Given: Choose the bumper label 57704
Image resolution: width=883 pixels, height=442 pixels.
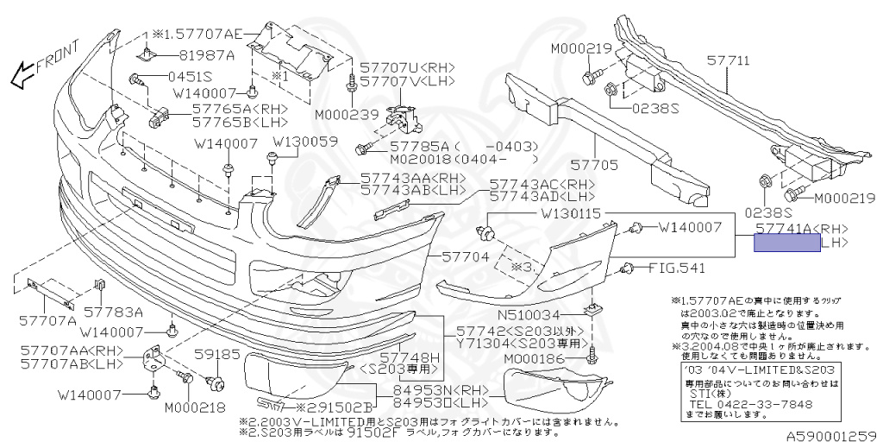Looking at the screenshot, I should pyautogui.click(x=467, y=256).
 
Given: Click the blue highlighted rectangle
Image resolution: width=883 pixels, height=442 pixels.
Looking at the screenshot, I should pyautogui.click(x=786, y=243).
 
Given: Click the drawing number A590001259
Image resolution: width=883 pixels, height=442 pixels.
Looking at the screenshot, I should pyautogui.click(x=830, y=434).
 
